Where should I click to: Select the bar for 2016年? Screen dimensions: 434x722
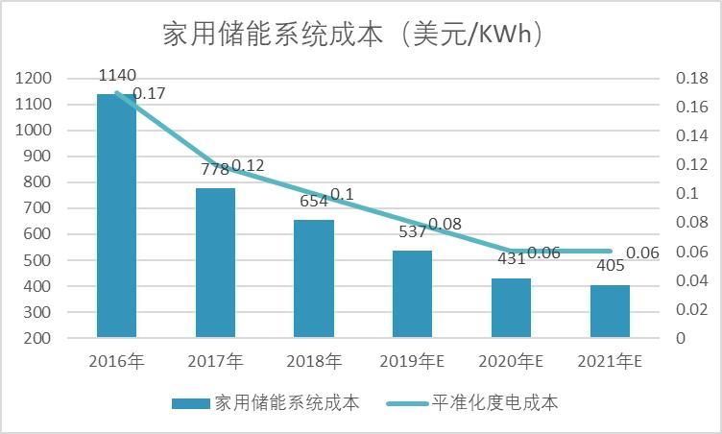[116, 216]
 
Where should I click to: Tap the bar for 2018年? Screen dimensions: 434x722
[314, 278]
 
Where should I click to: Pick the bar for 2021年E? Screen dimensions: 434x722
[610, 311]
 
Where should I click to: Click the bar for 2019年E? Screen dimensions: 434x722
[412, 294]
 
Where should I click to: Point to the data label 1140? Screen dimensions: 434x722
[117, 75]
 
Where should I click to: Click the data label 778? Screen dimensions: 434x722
[214, 169]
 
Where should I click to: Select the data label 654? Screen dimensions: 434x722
[313, 202]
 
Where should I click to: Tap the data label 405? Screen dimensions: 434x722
[609, 266]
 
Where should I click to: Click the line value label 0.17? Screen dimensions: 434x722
[149, 94]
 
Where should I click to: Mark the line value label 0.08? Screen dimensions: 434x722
[445, 224]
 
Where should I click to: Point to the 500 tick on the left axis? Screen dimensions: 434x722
[38, 260]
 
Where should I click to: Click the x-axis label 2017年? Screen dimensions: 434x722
[215, 362]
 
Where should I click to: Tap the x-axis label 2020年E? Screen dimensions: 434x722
[511, 362]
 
